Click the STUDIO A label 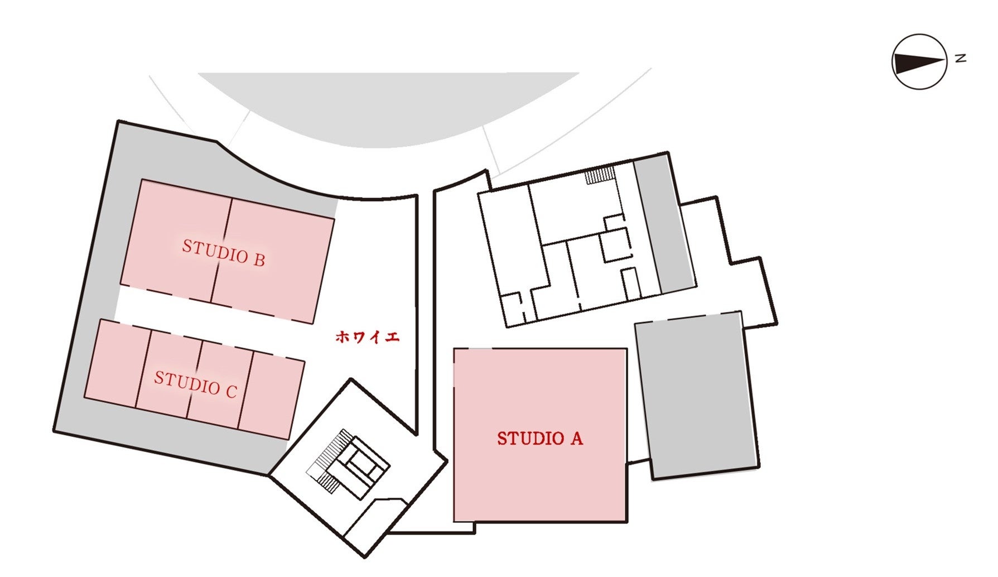[x=539, y=439]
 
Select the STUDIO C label [x=195, y=384]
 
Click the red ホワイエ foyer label [x=367, y=337]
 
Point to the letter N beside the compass [x=960, y=58]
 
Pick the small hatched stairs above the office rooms [x=600, y=175]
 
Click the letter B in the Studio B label [x=258, y=259]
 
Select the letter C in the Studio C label [x=231, y=391]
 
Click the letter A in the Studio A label [x=576, y=439]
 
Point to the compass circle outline [x=919, y=35]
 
